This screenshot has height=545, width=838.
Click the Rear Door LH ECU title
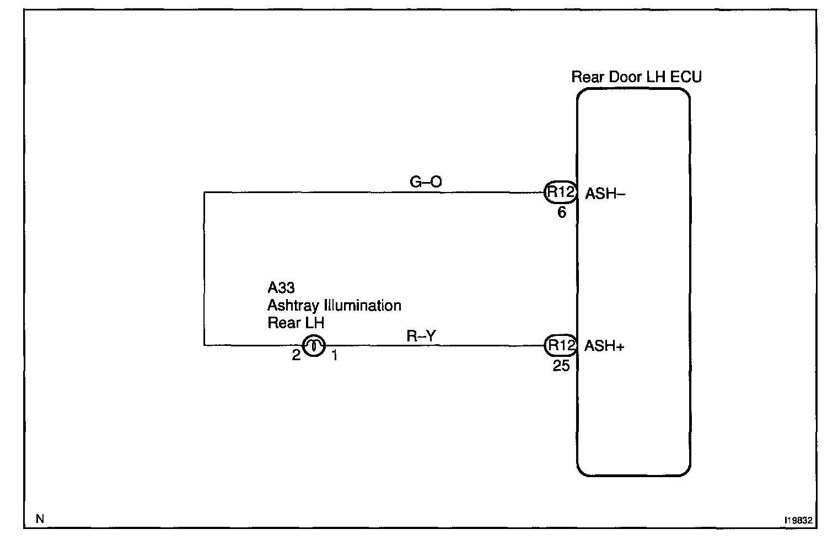coord(636,77)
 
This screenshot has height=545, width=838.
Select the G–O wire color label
coord(426,181)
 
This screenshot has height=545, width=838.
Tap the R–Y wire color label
coord(421,336)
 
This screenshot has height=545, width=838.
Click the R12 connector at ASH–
coord(560,193)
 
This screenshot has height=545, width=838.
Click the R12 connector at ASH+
coord(560,346)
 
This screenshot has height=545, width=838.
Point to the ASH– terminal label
coord(605,194)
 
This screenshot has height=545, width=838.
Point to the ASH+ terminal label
coord(604,346)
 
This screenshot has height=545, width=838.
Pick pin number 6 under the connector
coord(562,212)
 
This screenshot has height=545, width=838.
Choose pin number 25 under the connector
coord(561,366)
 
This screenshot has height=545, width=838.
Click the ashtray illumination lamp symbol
coord(314,346)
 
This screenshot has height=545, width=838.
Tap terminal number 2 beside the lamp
coord(296,355)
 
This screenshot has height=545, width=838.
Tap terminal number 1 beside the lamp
coord(334,356)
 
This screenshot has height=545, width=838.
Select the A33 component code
coord(281,287)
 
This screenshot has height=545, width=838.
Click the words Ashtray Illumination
coord(334,305)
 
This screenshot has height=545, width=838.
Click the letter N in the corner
coord(39,519)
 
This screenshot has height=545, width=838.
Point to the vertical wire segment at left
coord(204,269)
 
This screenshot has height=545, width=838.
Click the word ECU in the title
coord(686,77)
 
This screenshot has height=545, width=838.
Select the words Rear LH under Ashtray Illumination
coord(296,323)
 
